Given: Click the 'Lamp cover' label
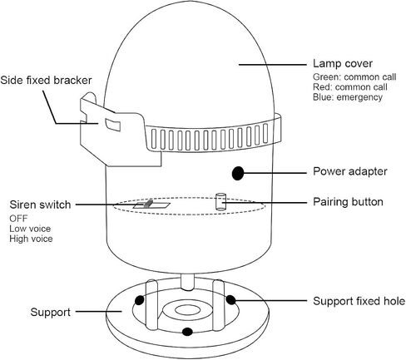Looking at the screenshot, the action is [x=343, y=63].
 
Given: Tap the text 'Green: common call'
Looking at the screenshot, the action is [x=354, y=77].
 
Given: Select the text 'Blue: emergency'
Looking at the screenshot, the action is [x=348, y=97].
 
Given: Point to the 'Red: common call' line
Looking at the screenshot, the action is [x=350, y=87].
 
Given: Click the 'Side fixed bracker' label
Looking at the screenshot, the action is [x=46, y=81].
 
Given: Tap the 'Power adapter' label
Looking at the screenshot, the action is [x=350, y=171].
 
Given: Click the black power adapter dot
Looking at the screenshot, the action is [x=238, y=173].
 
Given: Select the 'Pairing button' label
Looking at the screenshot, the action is [x=348, y=202].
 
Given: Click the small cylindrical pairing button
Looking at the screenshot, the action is [x=220, y=201].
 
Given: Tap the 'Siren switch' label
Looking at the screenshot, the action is [x=40, y=205].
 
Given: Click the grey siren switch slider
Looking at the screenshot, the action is [x=148, y=204].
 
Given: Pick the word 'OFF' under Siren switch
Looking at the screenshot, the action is [x=18, y=219].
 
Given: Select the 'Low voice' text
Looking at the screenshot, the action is [x=30, y=229].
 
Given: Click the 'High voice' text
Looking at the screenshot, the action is [x=31, y=239].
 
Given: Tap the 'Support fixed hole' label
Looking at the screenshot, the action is [x=359, y=301].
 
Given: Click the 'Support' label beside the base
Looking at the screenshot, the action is [x=50, y=312].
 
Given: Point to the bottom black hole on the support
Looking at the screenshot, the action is [x=187, y=332].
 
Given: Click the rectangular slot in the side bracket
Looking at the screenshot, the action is [x=112, y=124].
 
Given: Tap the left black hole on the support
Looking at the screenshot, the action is [x=140, y=300].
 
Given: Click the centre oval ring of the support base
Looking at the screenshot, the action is [x=185, y=315].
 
